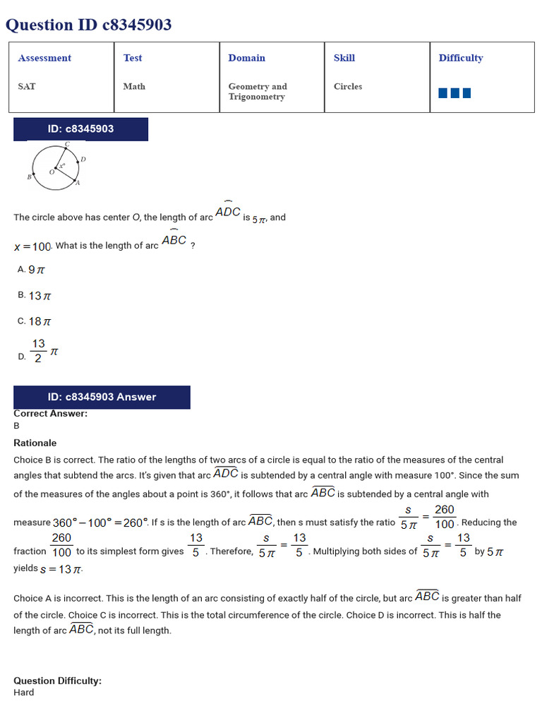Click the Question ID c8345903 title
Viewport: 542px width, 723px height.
pyautogui.click(x=88, y=25)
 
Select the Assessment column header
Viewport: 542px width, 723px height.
pyautogui.click(x=44, y=58)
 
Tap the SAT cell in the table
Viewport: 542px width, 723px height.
pyautogui.click(x=27, y=86)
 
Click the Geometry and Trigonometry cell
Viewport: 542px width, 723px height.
pyautogui.click(x=258, y=91)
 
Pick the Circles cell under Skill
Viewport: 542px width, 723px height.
pyautogui.click(x=347, y=86)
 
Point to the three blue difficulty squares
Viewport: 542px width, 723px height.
pyautogui.click(x=454, y=92)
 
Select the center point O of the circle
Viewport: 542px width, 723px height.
pyautogui.click(x=55, y=169)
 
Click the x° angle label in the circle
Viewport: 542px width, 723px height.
pyautogui.click(x=62, y=166)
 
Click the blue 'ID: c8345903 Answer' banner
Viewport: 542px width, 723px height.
pyautogui.click(x=102, y=397)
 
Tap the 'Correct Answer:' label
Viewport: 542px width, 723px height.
pyautogui.click(x=50, y=414)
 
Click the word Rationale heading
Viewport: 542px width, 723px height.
pyautogui.click(x=35, y=443)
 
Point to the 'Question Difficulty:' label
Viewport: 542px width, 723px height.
pyautogui.click(x=57, y=681)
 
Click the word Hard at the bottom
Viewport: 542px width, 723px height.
pyautogui.click(x=23, y=693)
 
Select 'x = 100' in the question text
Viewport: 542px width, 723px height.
pyautogui.click(x=32, y=246)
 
